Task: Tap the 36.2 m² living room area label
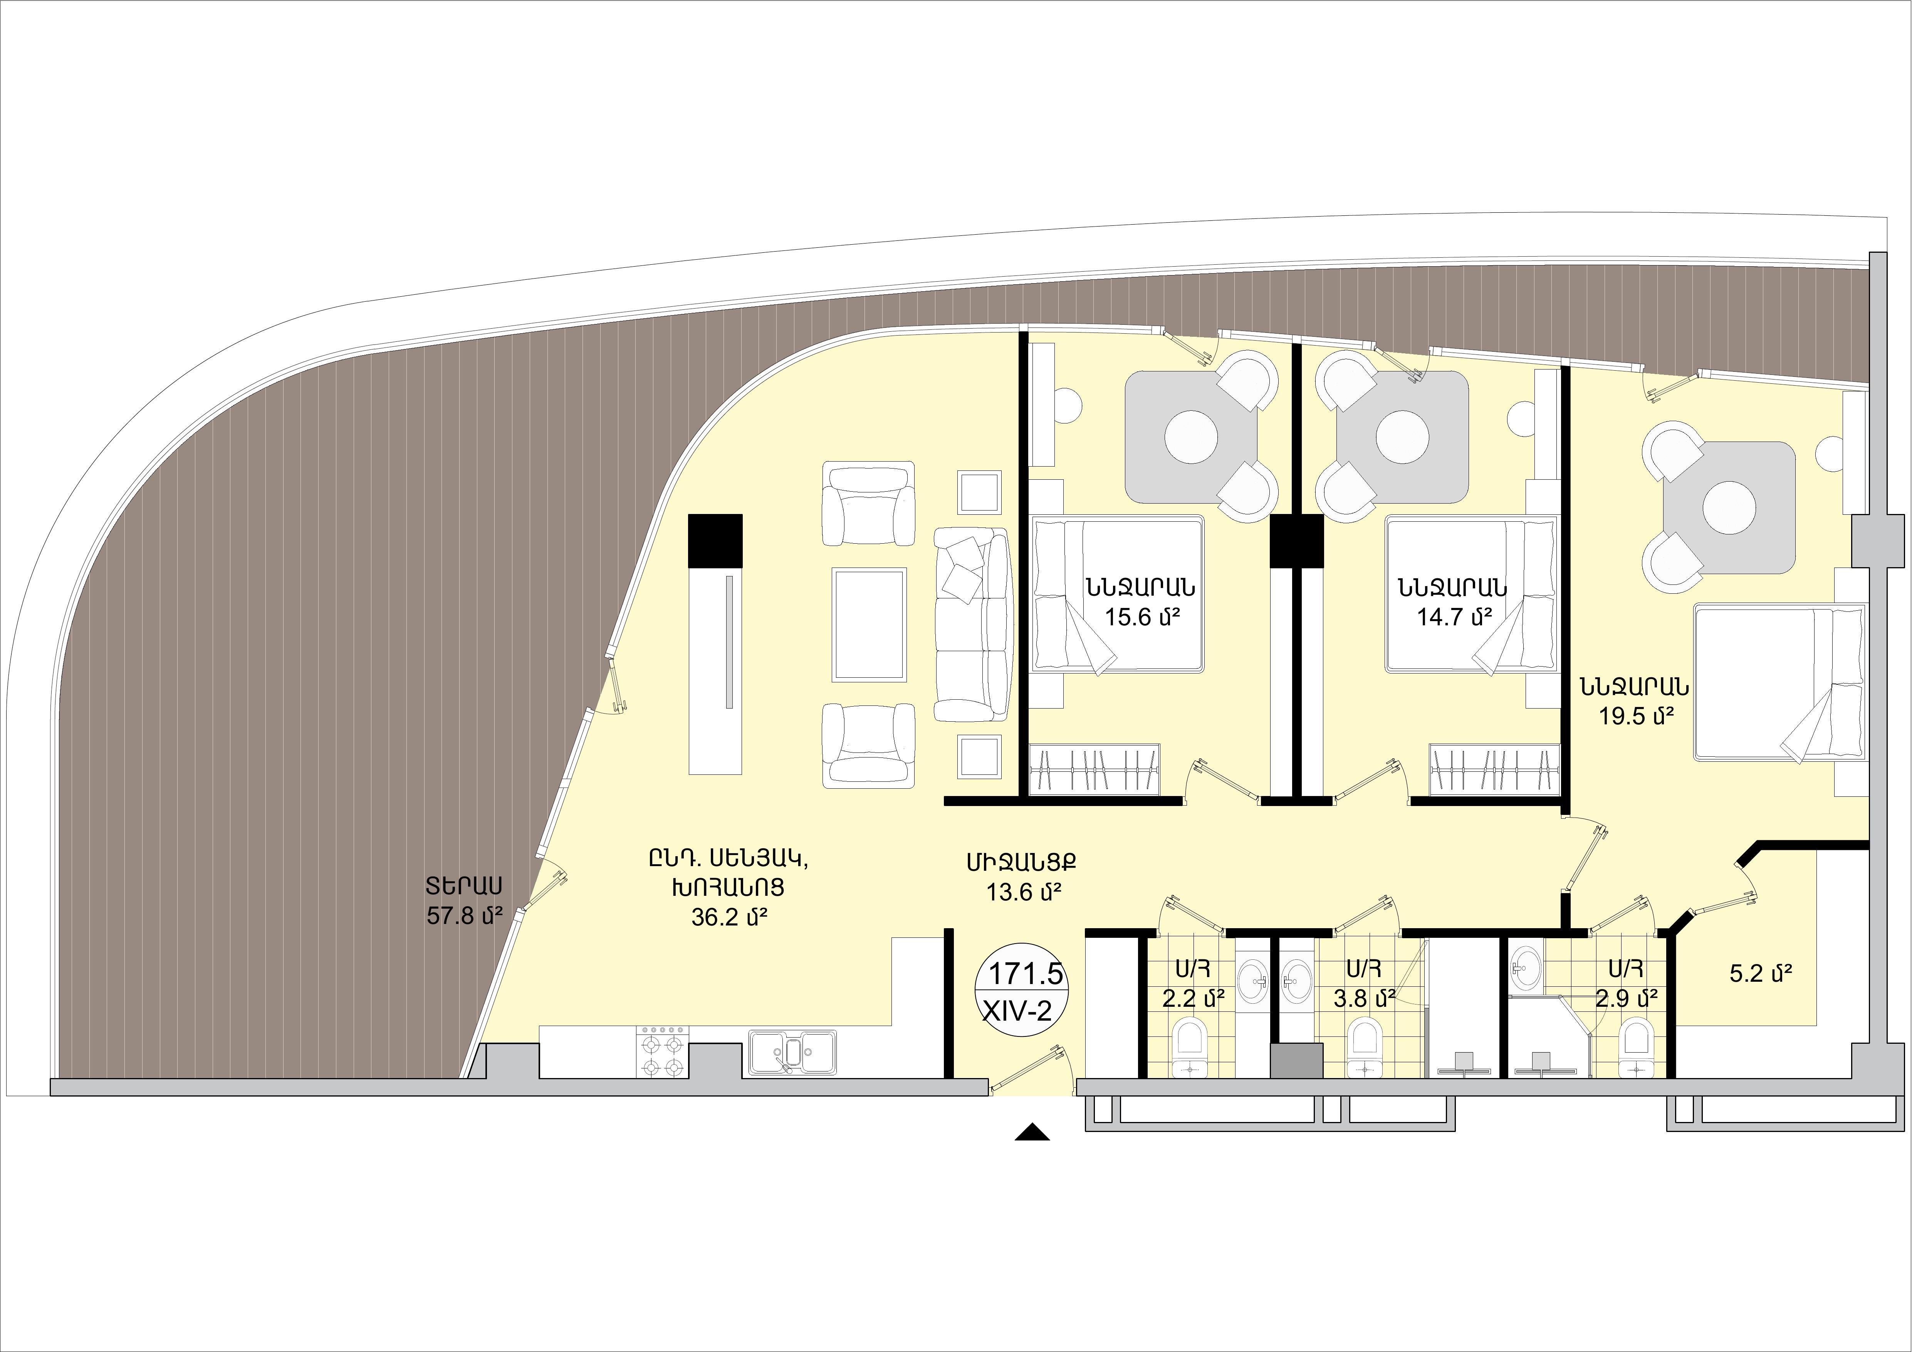[729, 917]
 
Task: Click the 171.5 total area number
[1025, 973]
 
